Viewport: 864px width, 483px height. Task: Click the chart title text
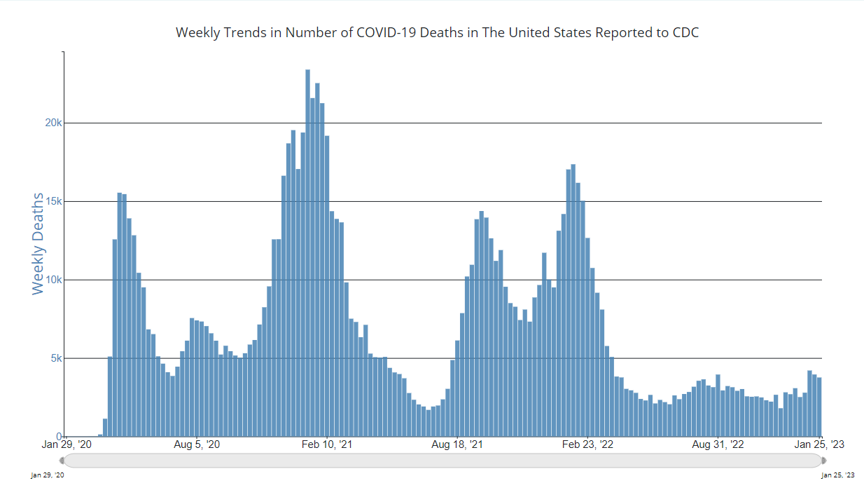click(x=437, y=32)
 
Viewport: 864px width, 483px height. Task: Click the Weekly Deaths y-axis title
click(x=38, y=243)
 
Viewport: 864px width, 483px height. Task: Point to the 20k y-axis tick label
click(x=54, y=123)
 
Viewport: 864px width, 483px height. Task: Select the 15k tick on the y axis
click(x=54, y=202)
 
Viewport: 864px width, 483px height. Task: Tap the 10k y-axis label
click(x=54, y=280)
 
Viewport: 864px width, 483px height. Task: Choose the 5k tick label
click(x=56, y=358)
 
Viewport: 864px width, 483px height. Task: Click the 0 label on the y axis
click(x=59, y=436)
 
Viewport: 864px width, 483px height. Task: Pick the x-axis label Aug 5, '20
click(x=197, y=444)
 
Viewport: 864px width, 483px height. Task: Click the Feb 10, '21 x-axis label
click(x=328, y=444)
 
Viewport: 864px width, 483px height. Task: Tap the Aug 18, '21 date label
click(x=457, y=444)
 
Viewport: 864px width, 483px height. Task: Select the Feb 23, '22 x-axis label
click(x=587, y=444)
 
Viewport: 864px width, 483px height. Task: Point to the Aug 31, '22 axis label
click(x=718, y=444)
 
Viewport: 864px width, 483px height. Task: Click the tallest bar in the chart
click(x=307, y=252)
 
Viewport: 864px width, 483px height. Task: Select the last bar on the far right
click(x=819, y=407)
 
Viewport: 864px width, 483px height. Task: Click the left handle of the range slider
click(x=62, y=461)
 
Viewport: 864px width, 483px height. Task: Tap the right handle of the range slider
click(x=823, y=461)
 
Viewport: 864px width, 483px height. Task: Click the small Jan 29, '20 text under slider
click(x=48, y=475)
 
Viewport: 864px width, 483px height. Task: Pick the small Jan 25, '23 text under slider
click(x=837, y=475)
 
